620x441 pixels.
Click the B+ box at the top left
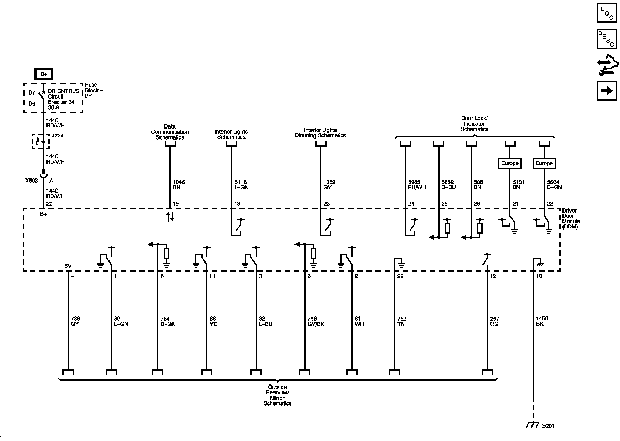(x=43, y=74)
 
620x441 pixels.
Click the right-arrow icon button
(x=607, y=91)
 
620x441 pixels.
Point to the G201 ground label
(x=548, y=425)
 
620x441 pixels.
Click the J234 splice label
(x=57, y=136)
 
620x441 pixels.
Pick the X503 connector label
(x=31, y=181)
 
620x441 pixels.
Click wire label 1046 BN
(x=179, y=185)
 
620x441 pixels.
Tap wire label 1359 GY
(x=330, y=185)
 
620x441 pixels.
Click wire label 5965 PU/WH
(x=416, y=185)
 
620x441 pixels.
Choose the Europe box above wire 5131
(x=510, y=163)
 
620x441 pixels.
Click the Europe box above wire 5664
(x=544, y=163)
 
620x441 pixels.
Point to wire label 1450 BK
(x=542, y=321)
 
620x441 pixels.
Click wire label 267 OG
(x=495, y=321)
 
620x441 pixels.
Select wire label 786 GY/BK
(x=316, y=321)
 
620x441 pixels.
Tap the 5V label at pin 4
(x=68, y=266)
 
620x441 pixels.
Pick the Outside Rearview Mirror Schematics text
(x=277, y=395)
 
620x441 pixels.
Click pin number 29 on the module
(x=400, y=276)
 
